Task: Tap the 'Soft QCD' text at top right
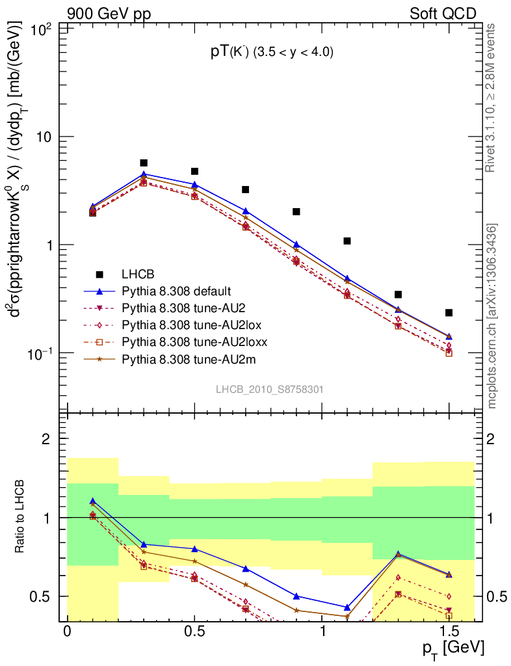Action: coord(443,13)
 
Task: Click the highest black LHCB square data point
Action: coord(144,163)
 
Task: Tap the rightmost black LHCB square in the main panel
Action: coord(449,313)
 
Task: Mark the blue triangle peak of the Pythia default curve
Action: coord(144,174)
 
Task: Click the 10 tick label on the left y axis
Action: coord(46,137)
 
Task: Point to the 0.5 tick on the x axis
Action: coord(194,632)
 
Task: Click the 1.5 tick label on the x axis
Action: coord(449,632)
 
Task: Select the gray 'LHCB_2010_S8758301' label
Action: coord(270,389)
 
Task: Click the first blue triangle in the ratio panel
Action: coord(93,501)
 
